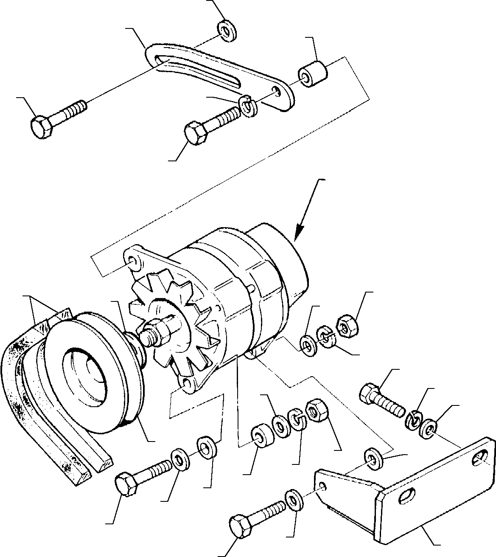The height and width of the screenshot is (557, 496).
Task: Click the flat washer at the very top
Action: click(x=227, y=31)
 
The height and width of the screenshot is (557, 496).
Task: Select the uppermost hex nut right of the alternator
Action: click(x=347, y=324)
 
